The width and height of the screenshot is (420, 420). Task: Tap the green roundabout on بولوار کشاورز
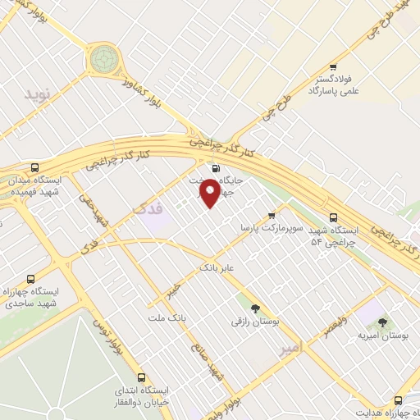click(x=104, y=58)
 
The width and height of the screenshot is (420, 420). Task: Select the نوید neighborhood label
click(x=38, y=95)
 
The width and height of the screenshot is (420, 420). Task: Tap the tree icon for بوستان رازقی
click(x=255, y=308)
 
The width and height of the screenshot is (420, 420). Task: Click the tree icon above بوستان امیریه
click(x=382, y=322)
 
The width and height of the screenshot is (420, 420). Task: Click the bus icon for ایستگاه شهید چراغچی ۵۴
click(x=332, y=217)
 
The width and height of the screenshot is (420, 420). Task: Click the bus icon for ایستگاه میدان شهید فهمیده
click(x=33, y=167)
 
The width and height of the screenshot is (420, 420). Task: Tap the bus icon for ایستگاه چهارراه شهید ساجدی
click(x=31, y=279)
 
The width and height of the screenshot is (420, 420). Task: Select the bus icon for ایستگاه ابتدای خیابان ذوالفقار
click(x=142, y=378)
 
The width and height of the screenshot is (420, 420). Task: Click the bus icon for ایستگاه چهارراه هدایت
click(x=398, y=400)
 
